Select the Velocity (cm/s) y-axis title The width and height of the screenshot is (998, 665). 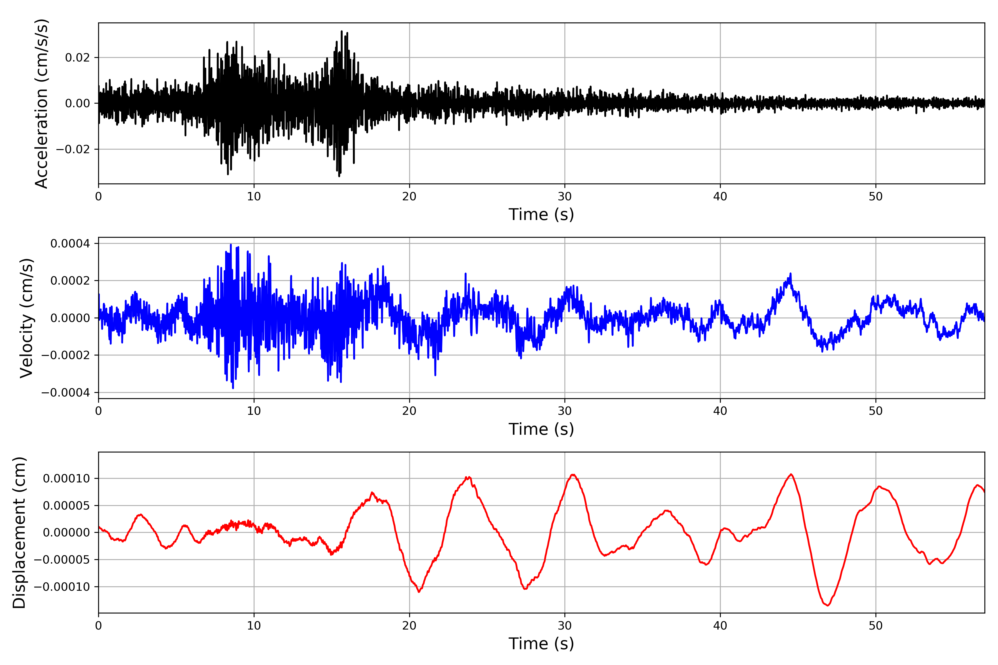(x=26, y=318)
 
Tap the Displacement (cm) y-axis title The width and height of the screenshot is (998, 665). (x=19, y=533)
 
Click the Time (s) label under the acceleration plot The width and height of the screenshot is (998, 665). (x=541, y=214)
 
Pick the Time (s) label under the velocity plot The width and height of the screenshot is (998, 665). (x=541, y=429)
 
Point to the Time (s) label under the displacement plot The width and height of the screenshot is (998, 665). (x=541, y=644)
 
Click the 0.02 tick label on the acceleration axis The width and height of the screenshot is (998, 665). (x=77, y=58)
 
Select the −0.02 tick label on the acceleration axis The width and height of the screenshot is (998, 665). (x=73, y=149)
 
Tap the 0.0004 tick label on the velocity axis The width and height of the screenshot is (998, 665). (x=70, y=244)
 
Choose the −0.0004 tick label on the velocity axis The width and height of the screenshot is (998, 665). (x=65, y=393)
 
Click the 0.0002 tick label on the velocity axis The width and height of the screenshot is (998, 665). (x=70, y=281)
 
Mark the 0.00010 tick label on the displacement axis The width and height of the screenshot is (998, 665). (x=66, y=479)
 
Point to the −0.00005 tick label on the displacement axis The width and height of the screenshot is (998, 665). (x=62, y=560)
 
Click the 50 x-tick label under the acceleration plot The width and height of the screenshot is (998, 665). (x=875, y=197)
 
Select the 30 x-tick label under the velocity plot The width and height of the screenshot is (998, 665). (x=564, y=411)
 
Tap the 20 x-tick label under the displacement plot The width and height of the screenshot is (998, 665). (x=409, y=626)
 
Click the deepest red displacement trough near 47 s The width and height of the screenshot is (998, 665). (x=828, y=605)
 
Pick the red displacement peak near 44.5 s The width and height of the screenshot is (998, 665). (x=791, y=475)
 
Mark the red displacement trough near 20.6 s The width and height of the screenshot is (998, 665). (x=419, y=592)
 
